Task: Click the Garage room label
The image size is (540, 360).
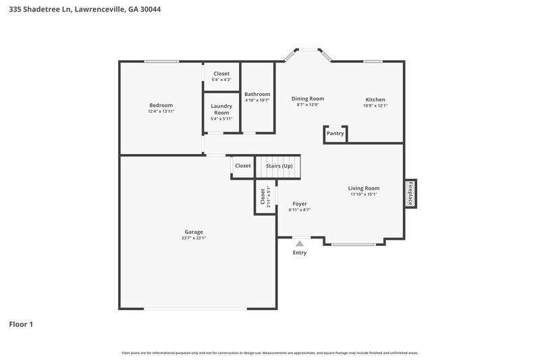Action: point(193,232)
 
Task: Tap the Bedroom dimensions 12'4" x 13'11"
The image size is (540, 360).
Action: point(161,111)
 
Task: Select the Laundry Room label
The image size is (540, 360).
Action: point(221,109)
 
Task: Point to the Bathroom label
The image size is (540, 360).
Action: point(257,94)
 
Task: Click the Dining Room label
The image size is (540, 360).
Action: point(307,99)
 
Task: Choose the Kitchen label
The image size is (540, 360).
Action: point(375,99)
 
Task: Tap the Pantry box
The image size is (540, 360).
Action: point(335,134)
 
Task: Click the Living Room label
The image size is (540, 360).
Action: point(363,188)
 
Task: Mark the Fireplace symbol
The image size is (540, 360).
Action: point(410,192)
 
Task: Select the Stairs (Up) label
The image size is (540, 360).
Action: point(279,165)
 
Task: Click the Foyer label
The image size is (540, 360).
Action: point(300,203)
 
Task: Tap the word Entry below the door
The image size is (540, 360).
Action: point(300,253)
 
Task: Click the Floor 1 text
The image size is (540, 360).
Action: point(21,324)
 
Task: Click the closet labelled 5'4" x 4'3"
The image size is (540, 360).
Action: point(221,76)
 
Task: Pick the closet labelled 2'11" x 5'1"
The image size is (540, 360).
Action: point(265,197)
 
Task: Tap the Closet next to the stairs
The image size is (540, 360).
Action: point(242,165)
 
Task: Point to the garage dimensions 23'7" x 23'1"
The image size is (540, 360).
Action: point(193,238)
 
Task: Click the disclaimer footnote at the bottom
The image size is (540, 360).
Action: point(270,353)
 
